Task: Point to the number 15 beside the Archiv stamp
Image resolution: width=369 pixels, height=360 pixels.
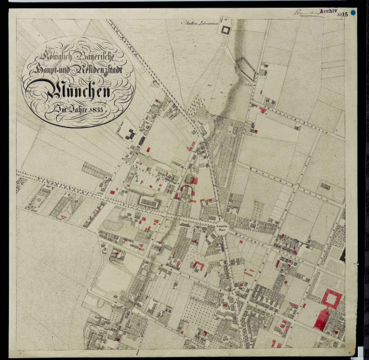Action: [x=345, y=14]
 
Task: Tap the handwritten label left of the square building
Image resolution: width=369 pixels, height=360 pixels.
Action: [x=198, y=24]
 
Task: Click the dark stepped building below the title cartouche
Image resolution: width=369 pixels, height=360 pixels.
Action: [x=128, y=133]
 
